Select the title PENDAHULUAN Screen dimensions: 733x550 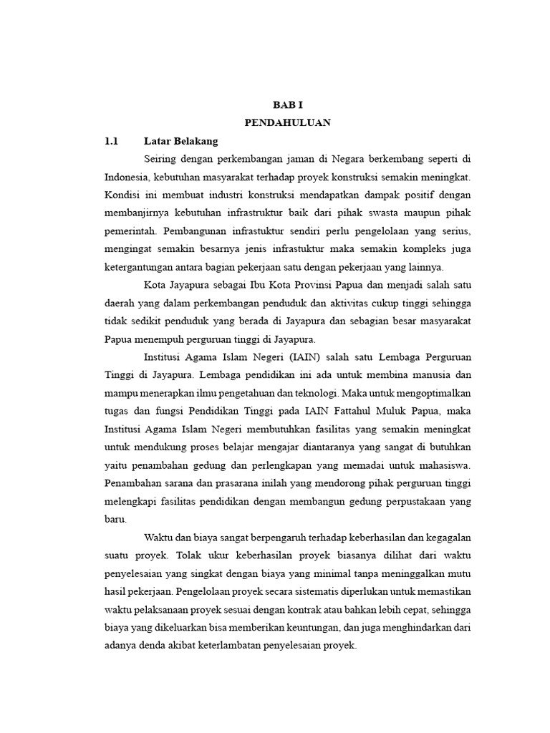pyautogui.click(x=287, y=122)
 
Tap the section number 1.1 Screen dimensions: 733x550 pyautogui.click(x=111, y=141)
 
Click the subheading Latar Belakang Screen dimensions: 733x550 pyautogui.click(x=180, y=141)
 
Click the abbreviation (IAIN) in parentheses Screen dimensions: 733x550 pyautogui.click(x=286, y=356)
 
